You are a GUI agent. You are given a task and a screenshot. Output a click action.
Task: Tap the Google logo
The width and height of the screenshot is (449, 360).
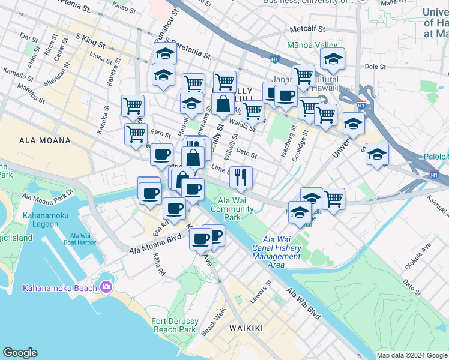(20, 353)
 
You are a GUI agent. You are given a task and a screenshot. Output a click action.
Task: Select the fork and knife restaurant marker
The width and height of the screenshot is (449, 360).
(241, 176)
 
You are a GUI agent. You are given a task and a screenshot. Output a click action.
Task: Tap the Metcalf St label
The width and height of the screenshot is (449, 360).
(307, 28)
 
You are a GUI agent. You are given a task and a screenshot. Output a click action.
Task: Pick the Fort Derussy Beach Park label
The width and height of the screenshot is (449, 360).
(175, 325)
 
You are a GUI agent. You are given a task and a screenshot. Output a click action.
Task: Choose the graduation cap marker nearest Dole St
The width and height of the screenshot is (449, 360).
(333, 59)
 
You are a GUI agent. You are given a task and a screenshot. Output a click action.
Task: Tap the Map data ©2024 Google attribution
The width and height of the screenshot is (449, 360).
(412, 355)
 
